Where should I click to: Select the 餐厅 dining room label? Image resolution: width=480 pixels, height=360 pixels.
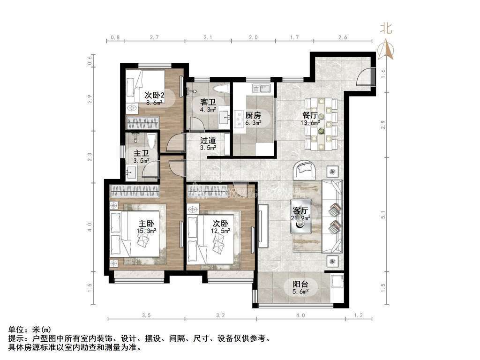click(310, 115)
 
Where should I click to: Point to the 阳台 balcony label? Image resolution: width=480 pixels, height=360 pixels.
click(300, 284)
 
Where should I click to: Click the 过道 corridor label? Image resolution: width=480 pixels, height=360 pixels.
click(208, 140)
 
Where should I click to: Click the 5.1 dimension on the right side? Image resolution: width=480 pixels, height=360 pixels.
click(383, 216)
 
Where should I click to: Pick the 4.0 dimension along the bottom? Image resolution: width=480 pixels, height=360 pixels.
click(300, 315)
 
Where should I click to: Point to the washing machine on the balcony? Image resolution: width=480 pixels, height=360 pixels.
click(336, 281)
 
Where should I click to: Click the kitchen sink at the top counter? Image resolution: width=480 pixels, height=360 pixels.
click(260, 88)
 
